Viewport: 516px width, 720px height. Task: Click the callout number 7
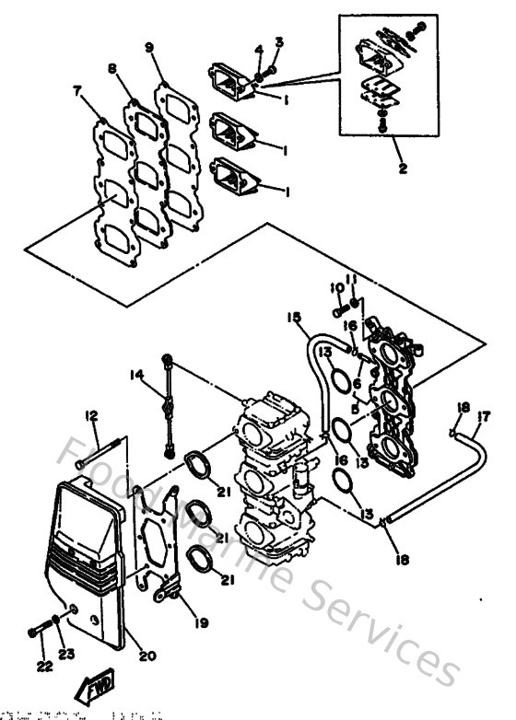76,91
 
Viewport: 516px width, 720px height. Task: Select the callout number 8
111,68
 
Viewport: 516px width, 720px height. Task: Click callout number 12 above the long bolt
92,416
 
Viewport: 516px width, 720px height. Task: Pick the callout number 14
136,375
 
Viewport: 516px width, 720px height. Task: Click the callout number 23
66,655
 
